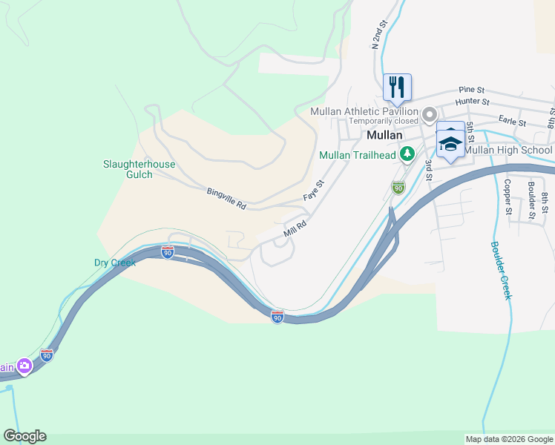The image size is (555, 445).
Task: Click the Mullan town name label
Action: [x=384, y=136]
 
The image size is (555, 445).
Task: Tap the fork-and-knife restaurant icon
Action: [x=397, y=87]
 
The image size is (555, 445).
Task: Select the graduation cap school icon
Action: [x=450, y=142]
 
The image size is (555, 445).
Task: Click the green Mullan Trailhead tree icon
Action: [x=407, y=154]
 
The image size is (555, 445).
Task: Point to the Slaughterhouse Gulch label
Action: [x=139, y=169]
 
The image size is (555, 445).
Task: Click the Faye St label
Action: [x=314, y=191]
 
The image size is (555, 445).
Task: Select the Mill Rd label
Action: [x=295, y=228]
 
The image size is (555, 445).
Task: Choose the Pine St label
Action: [x=471, y=89]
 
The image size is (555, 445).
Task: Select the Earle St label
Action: [x=512, y=121]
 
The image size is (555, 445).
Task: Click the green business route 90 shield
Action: [x=398, y=188]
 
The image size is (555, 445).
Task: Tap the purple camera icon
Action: [x=24, y=366]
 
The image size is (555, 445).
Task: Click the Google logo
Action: [x=24, y=436]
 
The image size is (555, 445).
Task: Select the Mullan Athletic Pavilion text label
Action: [x=364, y=111]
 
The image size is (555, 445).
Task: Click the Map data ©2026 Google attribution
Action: [x=508, y=439]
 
